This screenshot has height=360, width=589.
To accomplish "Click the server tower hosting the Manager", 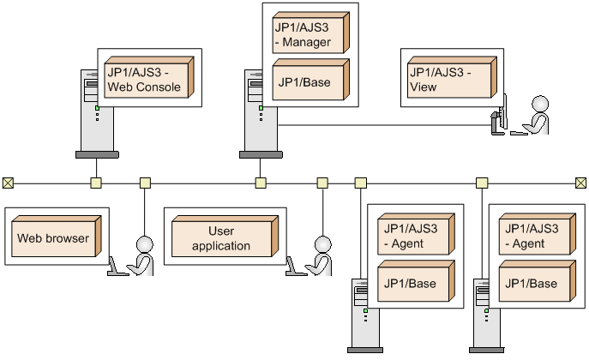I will pyautogui.click(x=257, y=120).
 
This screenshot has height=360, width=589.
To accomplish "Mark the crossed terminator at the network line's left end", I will pyautogui.click(x=8, y=183).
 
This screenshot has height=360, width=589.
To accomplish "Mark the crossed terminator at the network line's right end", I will pyautogui.click(x=580, y=183).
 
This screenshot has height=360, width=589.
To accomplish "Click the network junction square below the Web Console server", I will pyautogui.click(x=96, y=183).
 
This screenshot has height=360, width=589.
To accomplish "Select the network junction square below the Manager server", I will pyautogui.click(x=260, y=183).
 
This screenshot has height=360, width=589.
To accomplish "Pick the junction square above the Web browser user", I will pyautogui.click(x=145, y=183).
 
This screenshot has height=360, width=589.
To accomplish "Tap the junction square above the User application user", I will pyautogui.click(x=322, y=183).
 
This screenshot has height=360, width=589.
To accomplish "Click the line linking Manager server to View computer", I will pyautogui.click(x=386, y=125).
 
